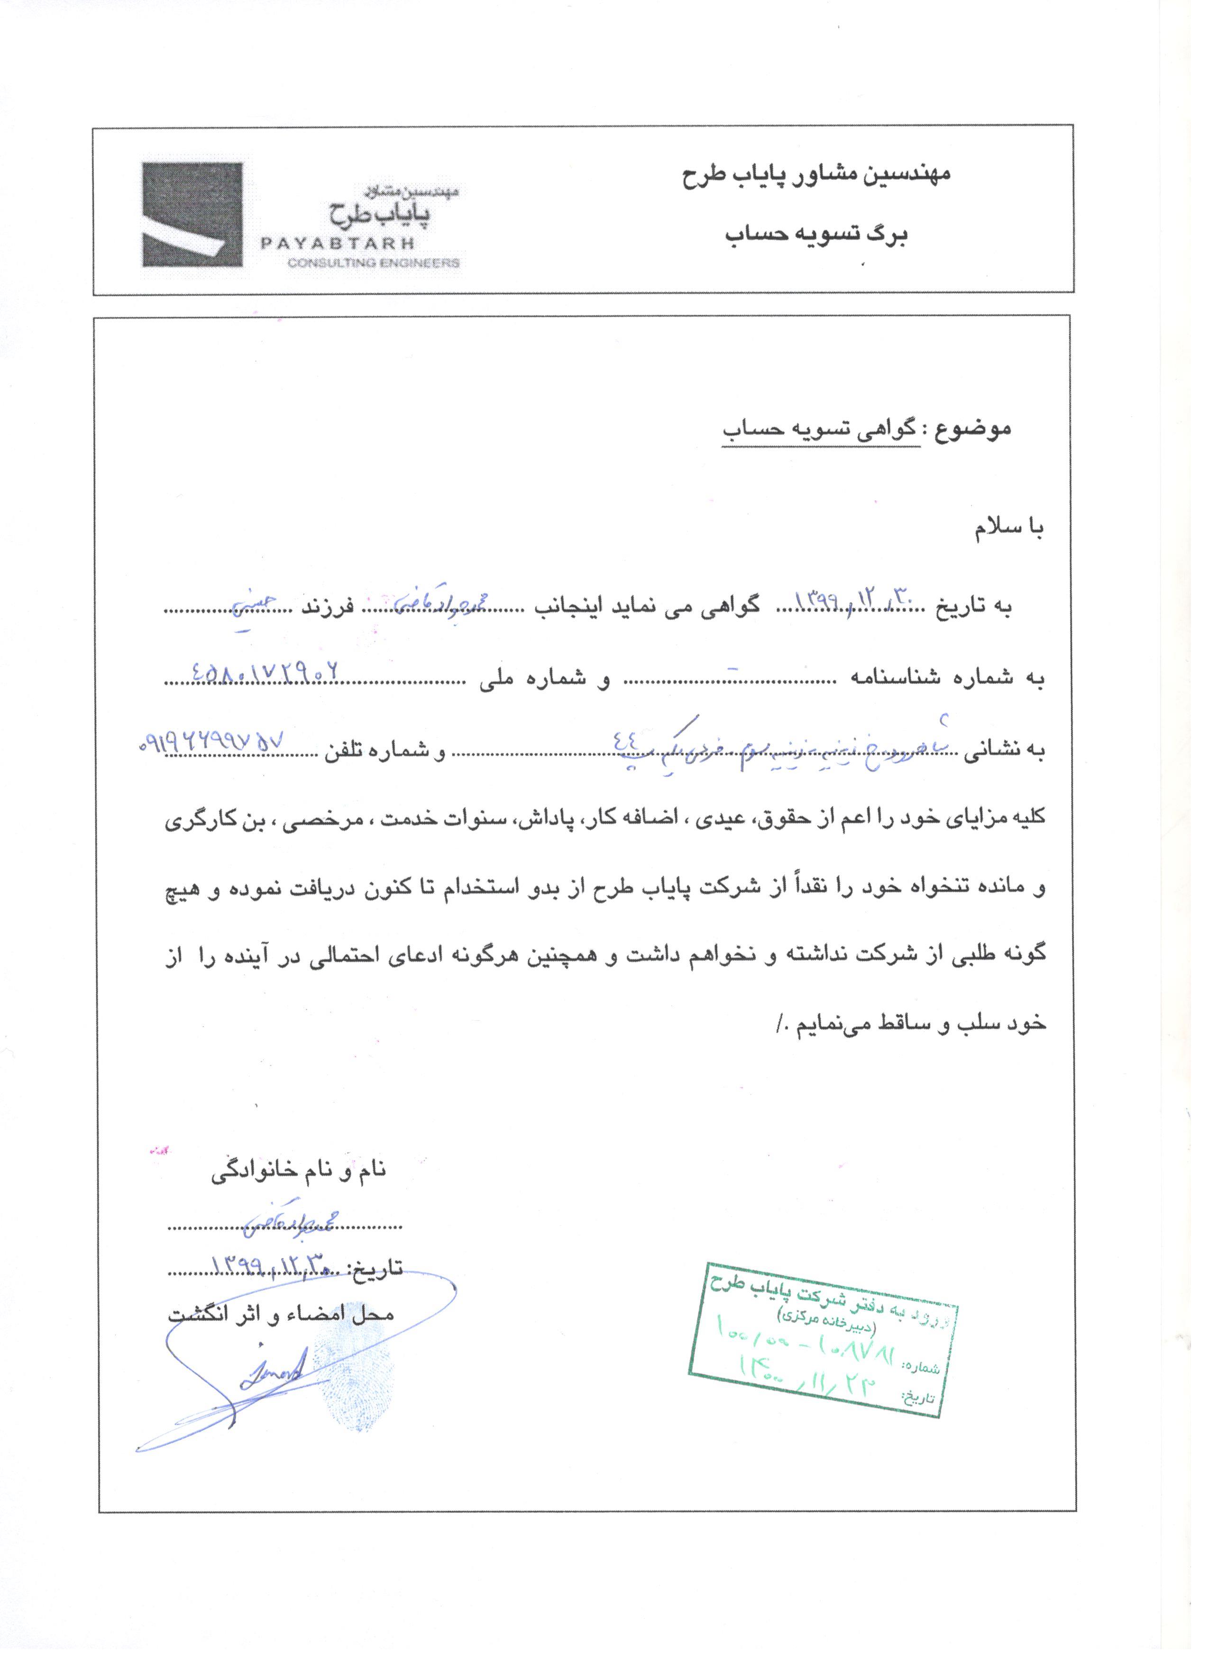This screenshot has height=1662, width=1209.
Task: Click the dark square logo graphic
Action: coord(192,214)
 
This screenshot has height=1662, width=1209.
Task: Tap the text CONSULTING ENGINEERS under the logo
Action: coord(374,263)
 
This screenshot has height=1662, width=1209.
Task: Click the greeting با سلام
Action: coord(1008,528)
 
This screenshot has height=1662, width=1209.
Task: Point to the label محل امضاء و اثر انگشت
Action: coord(282,1312)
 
